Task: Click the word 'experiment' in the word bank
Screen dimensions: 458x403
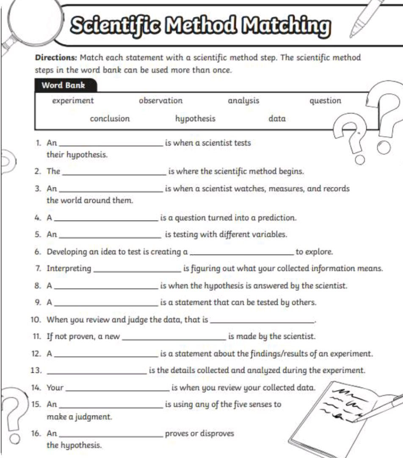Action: click(73, 101)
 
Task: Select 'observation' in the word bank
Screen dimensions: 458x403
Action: click(161, 101)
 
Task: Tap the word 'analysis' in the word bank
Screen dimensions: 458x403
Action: click(243, 101)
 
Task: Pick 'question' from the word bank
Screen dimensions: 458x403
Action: click(325, 101)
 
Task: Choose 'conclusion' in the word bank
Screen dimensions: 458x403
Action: click(110, 119)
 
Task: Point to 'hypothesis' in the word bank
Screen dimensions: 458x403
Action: click(195, 119)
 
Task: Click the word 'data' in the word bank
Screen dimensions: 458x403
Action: click(277, 119)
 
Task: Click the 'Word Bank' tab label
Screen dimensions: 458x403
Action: click(63, 85)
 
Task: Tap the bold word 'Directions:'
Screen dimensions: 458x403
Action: click(56, 58)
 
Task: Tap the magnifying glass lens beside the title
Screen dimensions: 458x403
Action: click(32, 21)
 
